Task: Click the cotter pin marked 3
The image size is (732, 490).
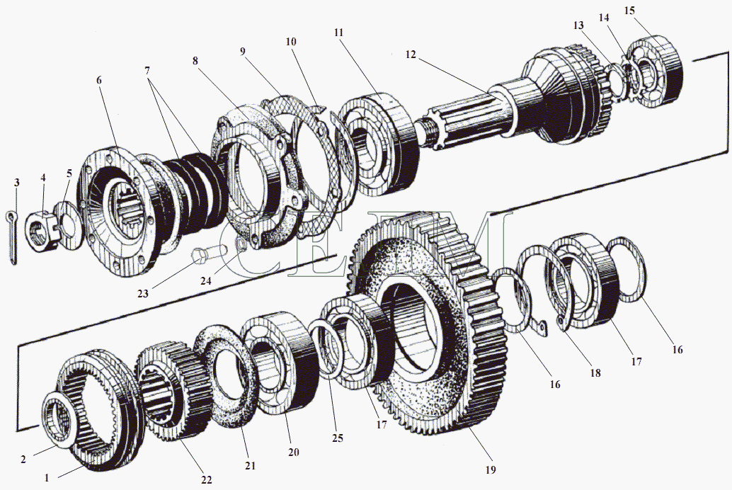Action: [12, 237]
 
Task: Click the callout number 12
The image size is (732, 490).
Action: [412, 54]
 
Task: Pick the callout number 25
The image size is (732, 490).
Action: [337, 438]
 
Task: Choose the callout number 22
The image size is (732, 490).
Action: [205, 480]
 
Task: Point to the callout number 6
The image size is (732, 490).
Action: [99, 80]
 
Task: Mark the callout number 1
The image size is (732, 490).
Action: [47, 478]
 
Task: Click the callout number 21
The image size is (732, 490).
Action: [250, 466]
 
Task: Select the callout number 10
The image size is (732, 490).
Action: [290, 42]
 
